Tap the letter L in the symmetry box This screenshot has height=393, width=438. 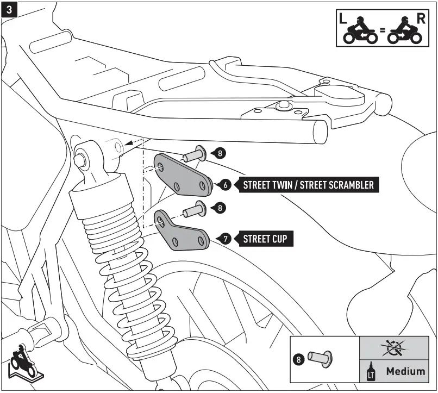coord(342,18)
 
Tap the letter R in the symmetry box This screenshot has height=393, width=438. coord(421,18)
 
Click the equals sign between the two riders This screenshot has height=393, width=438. coord(383,31)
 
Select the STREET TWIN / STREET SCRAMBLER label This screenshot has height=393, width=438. coord(308,185)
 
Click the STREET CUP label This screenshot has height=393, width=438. coord(265,239)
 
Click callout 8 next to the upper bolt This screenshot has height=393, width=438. coord(219,153)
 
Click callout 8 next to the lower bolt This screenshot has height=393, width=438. coord(219,207)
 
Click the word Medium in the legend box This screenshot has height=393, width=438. coord(405,371)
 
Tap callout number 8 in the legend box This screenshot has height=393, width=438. coord(298,359)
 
